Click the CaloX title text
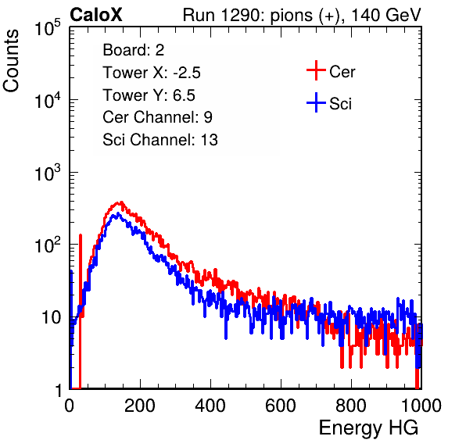[x=96, y=15]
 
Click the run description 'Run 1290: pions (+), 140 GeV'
[x=302, y=15]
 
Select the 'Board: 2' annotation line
[x=134, y=50]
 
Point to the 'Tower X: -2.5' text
[x=152, y=73]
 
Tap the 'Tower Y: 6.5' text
[x=149, y=95]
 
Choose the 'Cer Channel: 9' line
[x=157, y=117]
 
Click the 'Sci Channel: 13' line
[x=160, y=140]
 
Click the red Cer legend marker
[x=316, y=70]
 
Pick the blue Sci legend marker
[x=316, y=102]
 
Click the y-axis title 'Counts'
[x=11, y=61]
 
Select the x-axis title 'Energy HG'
[x=368, y=428]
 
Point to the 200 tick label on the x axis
[x=140, y=406]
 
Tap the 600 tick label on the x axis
[x=281, y=406]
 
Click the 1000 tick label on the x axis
[x=421, y=406]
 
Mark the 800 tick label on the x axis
[x=351, y=406]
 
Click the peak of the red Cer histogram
[x=120, y=202]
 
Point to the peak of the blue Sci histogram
[x=118, y=214]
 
